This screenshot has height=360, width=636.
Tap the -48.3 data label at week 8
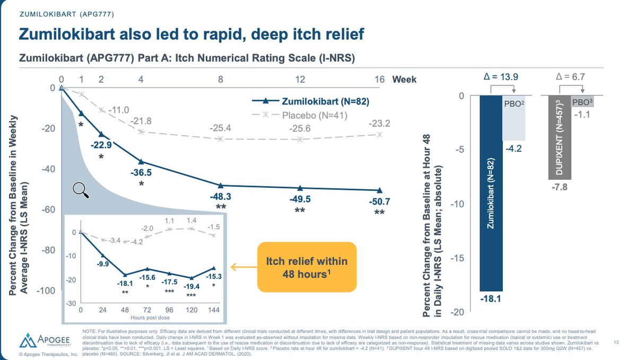pos(220,196)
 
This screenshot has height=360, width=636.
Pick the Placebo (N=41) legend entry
pos(311,115)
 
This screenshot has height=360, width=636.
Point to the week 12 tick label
pos(300,80)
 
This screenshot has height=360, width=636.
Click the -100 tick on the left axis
pos(47,291)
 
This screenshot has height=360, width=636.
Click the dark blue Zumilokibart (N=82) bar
pos(491,193)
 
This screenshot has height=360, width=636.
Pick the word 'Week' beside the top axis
pos(404,80)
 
